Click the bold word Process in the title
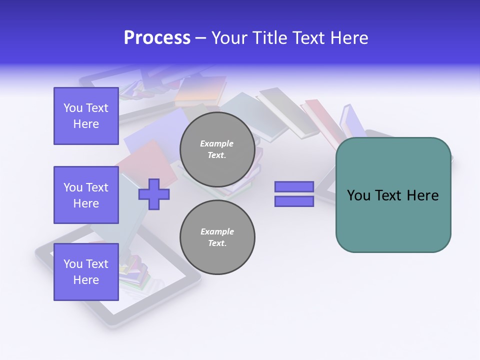(157, 38)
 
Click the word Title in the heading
(268, 38)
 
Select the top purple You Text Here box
(86, 116)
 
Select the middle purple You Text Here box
(86, 195)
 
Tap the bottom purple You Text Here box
(86, 272)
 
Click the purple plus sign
(154, 194)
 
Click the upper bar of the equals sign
(294, 187)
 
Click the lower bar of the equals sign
(294, 201)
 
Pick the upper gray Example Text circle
(217, 149)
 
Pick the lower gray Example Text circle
(217, 237)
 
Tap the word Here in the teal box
(422, 195)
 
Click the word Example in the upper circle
(217, 143)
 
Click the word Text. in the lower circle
(217, 243)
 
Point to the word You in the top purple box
(73, 108)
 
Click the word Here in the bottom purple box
(86, 280)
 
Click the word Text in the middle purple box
(97, 187)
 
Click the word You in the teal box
(358, 195)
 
